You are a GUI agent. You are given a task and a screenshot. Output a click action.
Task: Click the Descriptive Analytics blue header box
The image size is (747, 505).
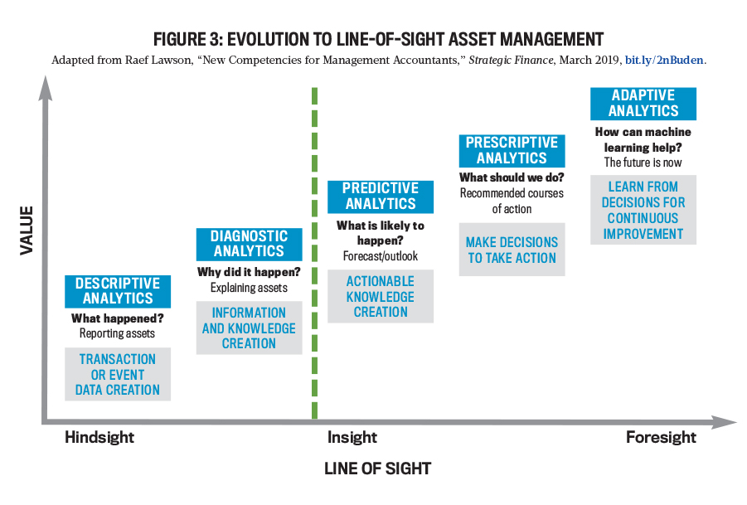point(118,291)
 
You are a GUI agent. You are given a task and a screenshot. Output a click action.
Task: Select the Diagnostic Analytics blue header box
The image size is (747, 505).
point(250,244)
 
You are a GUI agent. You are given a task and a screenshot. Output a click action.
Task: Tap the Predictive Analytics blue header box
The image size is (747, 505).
point(381,197)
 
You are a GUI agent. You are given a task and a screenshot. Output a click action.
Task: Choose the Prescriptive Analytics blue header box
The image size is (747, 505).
point(512,151)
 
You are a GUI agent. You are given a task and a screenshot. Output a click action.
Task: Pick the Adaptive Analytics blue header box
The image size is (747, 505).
point(643,104)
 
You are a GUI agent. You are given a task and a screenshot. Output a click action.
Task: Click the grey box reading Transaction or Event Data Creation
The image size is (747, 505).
point(118,374)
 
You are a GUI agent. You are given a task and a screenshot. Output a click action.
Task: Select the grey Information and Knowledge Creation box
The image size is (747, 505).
point(250,328)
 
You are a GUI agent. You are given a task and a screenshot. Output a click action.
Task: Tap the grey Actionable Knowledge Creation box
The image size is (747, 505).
point(381,296)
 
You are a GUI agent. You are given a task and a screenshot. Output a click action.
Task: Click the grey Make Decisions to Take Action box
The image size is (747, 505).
point(512,250)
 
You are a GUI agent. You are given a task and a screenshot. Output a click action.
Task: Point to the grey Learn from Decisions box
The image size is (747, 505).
point(643,210)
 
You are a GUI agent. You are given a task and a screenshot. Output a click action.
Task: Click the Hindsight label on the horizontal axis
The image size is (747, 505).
point(99,437)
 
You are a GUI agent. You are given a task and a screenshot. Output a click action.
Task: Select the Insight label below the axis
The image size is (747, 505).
point(352,437)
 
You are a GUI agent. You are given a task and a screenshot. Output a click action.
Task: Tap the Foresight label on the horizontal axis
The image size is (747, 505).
point(662,437)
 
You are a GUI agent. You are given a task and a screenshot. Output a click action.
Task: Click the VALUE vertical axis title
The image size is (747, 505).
point(27,231)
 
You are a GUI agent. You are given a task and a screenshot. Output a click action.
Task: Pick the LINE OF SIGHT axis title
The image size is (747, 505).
point(377,469)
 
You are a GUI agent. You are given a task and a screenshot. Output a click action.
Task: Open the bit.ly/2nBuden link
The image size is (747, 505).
point(664,60)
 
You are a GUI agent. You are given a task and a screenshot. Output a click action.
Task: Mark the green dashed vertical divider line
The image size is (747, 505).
point(314,253)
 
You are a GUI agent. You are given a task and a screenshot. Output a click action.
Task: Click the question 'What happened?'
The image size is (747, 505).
point(118,318)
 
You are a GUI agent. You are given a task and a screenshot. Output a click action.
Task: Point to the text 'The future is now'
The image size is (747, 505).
point(643,163)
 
